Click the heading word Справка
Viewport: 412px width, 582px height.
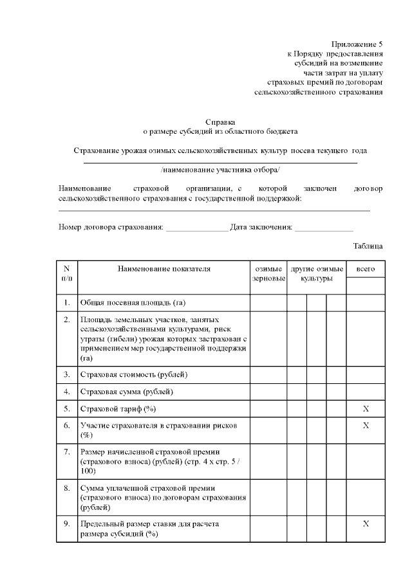220,121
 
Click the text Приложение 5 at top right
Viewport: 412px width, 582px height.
356,44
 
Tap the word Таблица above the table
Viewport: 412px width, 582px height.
368,246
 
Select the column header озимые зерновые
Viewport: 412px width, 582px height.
268,274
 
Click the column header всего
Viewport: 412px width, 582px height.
365,268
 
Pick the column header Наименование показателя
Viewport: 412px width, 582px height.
164,268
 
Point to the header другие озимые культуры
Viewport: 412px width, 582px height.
316,274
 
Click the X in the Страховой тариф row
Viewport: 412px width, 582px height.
365,408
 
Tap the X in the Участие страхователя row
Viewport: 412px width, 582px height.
365,425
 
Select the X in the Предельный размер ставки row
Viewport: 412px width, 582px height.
365,523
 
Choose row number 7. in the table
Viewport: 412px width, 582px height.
67,451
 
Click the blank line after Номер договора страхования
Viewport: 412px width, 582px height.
196,228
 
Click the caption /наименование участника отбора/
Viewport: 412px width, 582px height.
220,170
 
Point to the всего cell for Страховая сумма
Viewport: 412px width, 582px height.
365,391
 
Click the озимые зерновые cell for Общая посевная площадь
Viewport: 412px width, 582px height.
268,302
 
